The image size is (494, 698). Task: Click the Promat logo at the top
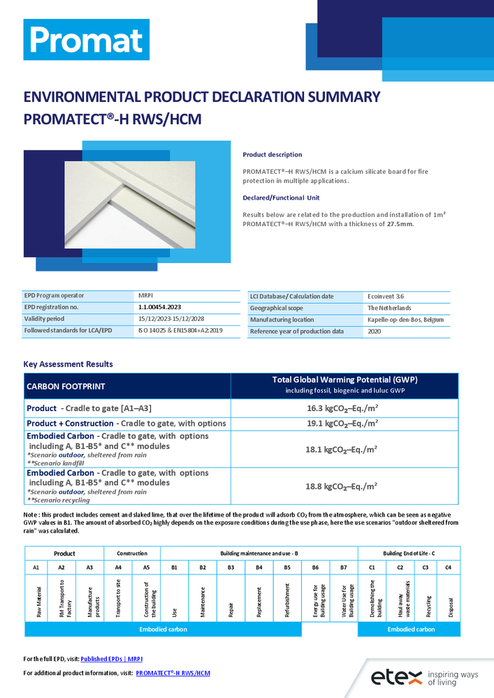[x=86, y=41]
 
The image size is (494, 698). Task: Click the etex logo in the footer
[x=424, y=675]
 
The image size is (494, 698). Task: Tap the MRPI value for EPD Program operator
[x=146, y=295]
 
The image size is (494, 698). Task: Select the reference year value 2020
[x=375, y=332]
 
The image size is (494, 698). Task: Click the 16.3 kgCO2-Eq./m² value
[x=344, y=408]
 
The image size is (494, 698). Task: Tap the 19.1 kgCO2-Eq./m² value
[x=344, y=423]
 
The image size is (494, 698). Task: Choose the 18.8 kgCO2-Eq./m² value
[x=344, y=487]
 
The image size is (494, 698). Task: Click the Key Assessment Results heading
[x=68, y=364]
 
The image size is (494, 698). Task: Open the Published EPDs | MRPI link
[x=112, y=658]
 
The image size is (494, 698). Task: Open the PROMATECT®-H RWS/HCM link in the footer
[x=173, y=673]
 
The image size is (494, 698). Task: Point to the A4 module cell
[x=118, y=567]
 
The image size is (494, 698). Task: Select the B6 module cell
[x=315, y=567]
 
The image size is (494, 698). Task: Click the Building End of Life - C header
[x=409, y=554]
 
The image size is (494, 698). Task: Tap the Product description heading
[x=273, y=155]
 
